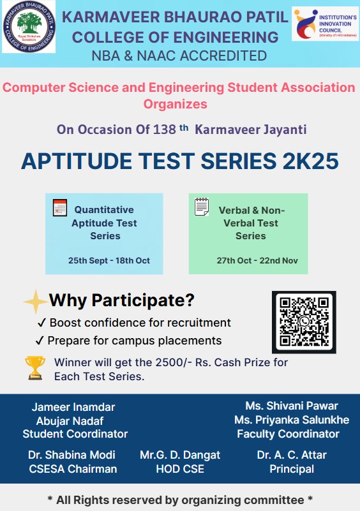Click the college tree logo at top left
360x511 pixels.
click(x=29, y=27)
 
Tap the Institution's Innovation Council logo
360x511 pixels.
click(x=325, y=24)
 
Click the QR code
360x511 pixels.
click(x=304, y=322)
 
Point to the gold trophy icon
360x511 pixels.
click(x=35, y=368)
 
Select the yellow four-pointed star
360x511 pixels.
click(x=36, y=302)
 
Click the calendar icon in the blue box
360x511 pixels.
click(x=60, y=207)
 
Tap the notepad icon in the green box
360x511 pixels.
click(x=202, y=207)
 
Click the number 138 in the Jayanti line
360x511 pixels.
click(x=164, y=130)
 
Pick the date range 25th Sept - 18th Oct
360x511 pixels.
click(x=109, y=261)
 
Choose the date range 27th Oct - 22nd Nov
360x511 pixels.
click(x=257, y=261)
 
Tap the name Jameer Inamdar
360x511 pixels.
click(x=73, y=407)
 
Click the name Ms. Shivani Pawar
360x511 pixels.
click(x=292, y=406)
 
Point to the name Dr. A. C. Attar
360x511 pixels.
click(x=292, y=455)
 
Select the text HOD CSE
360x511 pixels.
click(x=180, y=469)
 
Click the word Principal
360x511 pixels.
click(x=292, y=469)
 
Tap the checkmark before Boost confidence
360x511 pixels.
click(x=41, y=323)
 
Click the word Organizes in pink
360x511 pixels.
click(x=176, y=104)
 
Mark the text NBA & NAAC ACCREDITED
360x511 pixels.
click(x=179, y=56)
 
